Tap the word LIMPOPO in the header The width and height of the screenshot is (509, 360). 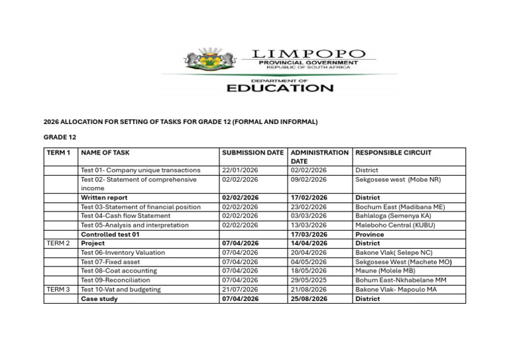coord(308,54)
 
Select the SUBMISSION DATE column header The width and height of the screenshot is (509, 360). coord(253,152)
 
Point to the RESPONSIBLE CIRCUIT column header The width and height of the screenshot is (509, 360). coord(393,152)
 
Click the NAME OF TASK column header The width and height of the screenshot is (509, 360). coord(105,152)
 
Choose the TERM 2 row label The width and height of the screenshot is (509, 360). coord(58,243)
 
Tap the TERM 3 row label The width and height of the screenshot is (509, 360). coord(58,290)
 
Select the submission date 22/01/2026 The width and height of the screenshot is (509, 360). coord(240,170)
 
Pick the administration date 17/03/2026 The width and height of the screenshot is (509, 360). coord(309,234)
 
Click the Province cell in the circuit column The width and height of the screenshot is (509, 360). coord(369,234)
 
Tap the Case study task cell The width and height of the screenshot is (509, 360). coord(99,299)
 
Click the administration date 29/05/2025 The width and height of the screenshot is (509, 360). coord(309,280)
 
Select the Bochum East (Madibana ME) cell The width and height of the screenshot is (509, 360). coord(400,207)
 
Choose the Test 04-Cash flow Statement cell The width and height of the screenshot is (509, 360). coord(125,215)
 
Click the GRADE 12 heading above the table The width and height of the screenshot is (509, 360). coord(60,137)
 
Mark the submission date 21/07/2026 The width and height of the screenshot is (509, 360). coord(240,290)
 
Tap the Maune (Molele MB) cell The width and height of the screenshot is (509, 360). coord(385,271)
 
